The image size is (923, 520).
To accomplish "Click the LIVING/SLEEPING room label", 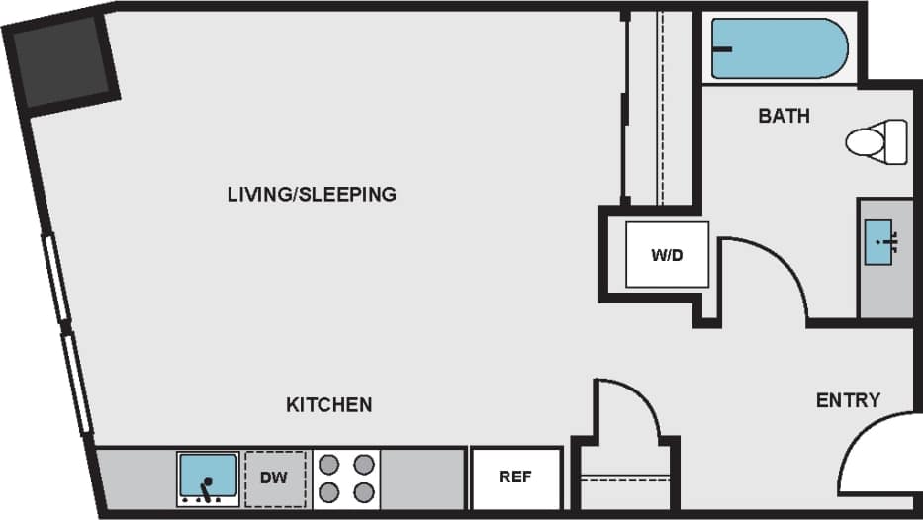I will pyautogui.click(x=312, y=194).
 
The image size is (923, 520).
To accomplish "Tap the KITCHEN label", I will pyautogui.click(x=328, y=404).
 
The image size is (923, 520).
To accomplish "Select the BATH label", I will pyautogui.click(x=784, y=116).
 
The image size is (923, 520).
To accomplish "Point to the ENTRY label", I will pyautogui.click(x=848, y=399).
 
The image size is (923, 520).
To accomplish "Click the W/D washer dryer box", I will pyautogui.click(x=666, y=255).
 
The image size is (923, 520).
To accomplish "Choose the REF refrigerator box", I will pyautogui.click(x=515, y=477).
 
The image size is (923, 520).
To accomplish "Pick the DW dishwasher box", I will pyautogui.click(x=274, y=478).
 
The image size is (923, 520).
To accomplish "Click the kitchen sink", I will pyautogui.click(x=208, y=477).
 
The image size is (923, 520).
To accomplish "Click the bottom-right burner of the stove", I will pyautogui.click(x=363, y=492).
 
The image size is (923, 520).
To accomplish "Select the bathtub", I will pyautogui.click(x=780, y=48).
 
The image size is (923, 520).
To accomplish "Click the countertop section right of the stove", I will pyautogui.click(x=422, y=478).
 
